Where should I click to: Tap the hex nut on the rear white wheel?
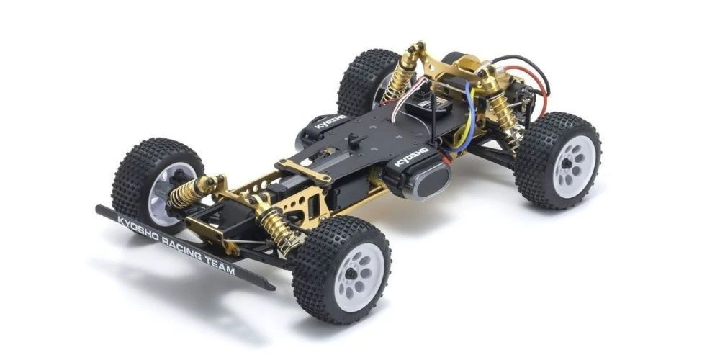point(570,164)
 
